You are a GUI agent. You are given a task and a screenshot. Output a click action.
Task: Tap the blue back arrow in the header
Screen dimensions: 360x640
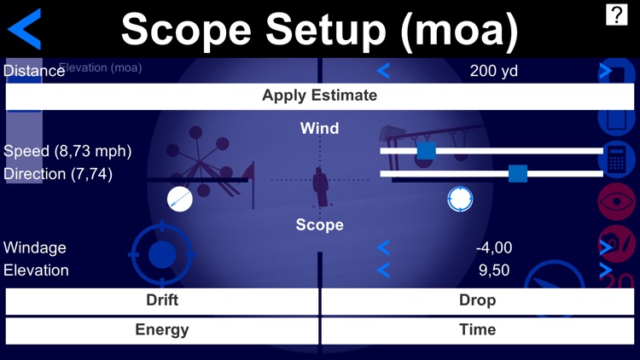[x=26, y=28]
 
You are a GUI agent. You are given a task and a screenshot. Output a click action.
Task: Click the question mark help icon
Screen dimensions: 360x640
[x=616, y=15]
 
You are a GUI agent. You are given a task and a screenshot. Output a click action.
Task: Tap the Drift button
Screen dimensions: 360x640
[x=162, y=300]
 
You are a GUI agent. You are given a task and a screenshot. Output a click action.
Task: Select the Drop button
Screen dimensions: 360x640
[x=477, y=300]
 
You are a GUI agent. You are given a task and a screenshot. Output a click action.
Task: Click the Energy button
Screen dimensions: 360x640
[x=162, y=330]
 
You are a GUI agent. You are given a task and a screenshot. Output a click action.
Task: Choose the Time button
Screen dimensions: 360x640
[x=477, y=330]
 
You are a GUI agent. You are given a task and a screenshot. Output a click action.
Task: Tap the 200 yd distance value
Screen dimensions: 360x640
[x=494, y=71]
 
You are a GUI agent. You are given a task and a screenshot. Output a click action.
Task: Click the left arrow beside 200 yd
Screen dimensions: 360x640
[x=383, y=71]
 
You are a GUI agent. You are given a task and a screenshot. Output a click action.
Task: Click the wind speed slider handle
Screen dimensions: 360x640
[x=426, y=151]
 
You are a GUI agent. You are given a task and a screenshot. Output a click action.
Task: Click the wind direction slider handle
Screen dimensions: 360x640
[x=517, y=174]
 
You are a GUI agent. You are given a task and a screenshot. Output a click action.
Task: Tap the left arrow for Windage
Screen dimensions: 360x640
[x=383, y=248]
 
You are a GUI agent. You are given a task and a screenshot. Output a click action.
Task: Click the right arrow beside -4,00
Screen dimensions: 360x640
[x=606, y=248]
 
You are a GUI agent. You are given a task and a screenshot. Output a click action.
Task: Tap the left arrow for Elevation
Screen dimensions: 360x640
[x=383, y=270]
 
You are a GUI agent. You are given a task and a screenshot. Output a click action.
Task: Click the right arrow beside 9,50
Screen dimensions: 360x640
[x=606, y=270]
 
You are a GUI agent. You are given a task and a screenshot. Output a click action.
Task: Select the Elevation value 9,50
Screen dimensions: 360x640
[x=494, y=270]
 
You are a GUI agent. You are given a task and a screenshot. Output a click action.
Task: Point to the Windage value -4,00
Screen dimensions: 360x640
[x=494, y=248]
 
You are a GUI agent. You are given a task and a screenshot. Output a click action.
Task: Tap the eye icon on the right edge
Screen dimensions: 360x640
[x=617, y=200]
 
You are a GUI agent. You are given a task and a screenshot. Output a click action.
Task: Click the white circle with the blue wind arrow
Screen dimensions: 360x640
[x=180, y=200]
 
